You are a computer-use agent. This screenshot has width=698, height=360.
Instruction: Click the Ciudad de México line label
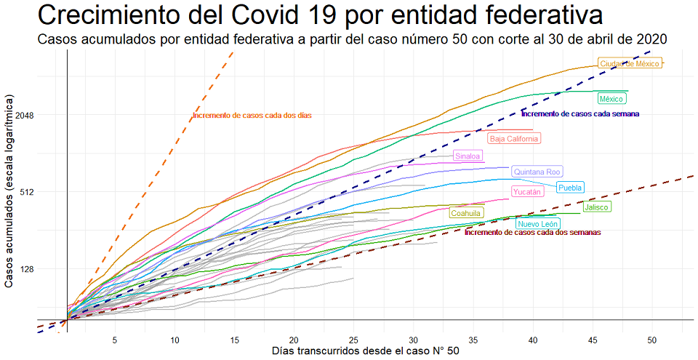630,64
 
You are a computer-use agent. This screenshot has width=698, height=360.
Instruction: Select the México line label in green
611,98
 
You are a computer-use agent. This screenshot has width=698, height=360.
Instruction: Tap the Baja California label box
514,138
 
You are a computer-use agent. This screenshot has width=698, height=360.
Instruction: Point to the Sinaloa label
468,156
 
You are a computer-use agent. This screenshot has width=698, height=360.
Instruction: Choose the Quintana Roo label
537,172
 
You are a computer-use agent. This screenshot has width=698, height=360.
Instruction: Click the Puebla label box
570,188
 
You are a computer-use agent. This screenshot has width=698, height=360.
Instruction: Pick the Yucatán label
527,192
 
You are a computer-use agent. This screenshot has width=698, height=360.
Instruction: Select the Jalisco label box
597,207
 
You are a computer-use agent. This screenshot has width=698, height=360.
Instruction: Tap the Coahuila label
465,213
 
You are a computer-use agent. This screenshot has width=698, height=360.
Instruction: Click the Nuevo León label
538,224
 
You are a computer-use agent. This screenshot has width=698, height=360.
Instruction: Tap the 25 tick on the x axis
353,340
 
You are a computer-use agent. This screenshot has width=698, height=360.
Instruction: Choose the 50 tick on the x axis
652,340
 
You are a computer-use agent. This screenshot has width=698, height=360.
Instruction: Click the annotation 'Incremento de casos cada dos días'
252,116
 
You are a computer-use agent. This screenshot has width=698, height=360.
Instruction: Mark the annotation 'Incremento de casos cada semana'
580,113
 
